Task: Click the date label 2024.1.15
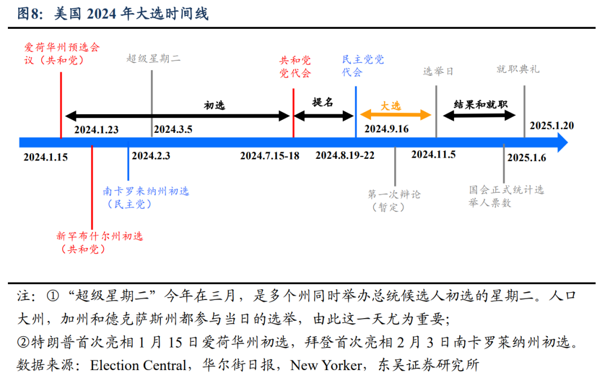click(x=45, y=157)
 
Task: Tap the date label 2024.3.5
click(x=173, y=129)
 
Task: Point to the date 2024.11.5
click(x=433, y=154)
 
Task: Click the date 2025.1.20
click(x=552, y=125)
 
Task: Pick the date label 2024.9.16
click(x=386, y=129)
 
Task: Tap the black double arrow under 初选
click(x=177, y=116)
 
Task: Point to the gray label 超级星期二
click(x=154, y=58)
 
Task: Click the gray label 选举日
click(x=438, y=72)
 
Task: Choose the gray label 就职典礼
click(x=517, y=69)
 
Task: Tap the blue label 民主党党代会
click(x=363, y=66)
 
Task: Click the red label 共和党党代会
click(x=295, y=67)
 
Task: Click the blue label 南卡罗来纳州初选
click(x=146, y=197)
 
